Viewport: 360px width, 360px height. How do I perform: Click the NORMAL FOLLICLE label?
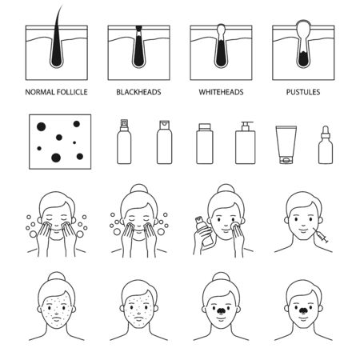point(55,93)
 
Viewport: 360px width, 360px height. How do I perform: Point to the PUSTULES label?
point(303,93)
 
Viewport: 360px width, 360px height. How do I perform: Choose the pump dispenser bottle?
point(245,145)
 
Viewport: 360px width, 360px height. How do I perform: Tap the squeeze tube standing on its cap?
point(286,145)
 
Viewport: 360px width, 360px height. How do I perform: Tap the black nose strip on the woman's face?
point(222,306)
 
